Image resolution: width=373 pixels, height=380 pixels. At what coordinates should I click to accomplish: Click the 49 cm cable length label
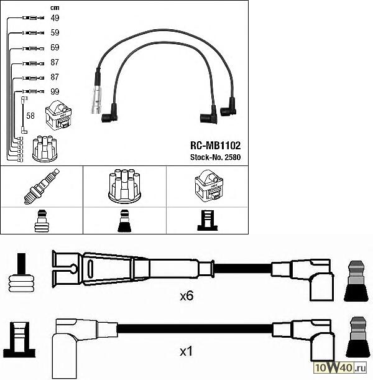55,17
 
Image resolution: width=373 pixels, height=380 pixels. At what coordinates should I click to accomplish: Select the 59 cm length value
55,32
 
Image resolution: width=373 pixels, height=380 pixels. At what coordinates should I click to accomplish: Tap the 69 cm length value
55,47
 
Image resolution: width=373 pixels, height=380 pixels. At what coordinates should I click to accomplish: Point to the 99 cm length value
55,91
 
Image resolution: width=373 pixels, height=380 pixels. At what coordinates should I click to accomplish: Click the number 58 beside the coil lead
30,116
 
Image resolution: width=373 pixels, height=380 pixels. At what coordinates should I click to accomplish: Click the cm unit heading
55,7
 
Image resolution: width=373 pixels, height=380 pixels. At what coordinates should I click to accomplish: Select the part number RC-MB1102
215,146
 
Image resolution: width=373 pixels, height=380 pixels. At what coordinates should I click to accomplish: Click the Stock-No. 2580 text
215,157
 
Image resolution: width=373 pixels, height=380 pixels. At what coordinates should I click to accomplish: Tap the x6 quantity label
186,296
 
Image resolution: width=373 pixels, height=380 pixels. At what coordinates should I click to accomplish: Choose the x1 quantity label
186,351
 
